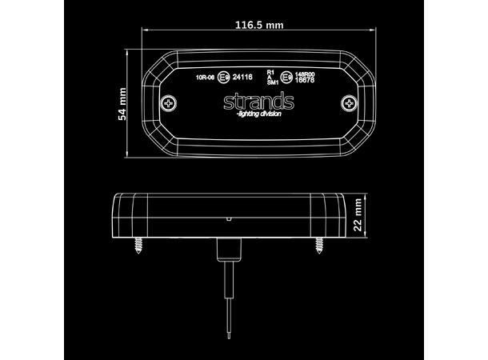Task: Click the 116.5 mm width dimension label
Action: tap(259, 26)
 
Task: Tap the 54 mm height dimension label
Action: tap(122, 104)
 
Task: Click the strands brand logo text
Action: tap(258, 102)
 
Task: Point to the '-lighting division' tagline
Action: tap(259, 115)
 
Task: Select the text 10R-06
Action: tap(205, 78)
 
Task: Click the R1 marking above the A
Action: tap(270, 72)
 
